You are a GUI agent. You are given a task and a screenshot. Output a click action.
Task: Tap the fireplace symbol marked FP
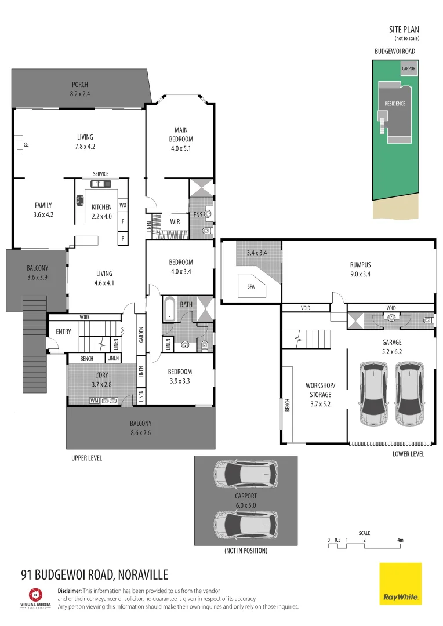(x=20, y=143)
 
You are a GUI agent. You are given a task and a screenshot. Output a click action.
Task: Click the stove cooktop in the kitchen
(x=79, y=201)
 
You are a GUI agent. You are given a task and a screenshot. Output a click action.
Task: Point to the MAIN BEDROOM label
(x=181, y=134)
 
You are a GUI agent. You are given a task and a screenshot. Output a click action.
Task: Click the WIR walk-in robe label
(x=175, y=221)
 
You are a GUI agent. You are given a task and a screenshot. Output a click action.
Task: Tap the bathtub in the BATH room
(x=169, y=309)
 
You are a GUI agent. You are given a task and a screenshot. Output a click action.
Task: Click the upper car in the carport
(x=245, y=475)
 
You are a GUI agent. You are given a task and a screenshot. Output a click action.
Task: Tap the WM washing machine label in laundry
(x=94, y=401)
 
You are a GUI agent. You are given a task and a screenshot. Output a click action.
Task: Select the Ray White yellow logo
(x=401, y=583)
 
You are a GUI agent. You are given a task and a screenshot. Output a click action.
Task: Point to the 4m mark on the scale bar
(x=400, y=540)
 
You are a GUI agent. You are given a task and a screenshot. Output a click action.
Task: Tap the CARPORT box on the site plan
(x=409, y=68)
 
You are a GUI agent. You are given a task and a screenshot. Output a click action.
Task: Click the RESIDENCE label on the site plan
(x=395, y=104)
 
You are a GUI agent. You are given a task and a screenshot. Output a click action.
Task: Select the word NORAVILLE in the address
(x=143, y=574)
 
